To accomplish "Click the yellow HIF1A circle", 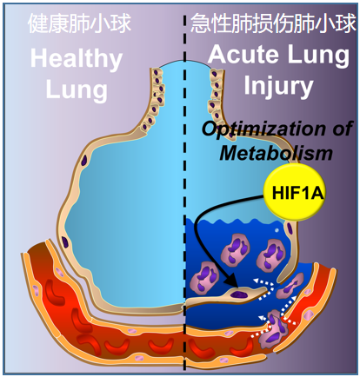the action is click(294, 192).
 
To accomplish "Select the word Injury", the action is click(278, 86).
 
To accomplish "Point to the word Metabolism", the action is click(276, 153).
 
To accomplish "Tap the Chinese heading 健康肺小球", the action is click(79, 23).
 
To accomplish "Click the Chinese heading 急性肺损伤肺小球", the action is click(273, 23).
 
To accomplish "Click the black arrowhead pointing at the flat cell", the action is click(232, 281).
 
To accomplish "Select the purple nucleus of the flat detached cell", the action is click(239, 294).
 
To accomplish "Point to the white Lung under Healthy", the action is click(77, 89).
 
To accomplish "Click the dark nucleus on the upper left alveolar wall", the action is click(84, 161).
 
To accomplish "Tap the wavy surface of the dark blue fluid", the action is click(235, 222).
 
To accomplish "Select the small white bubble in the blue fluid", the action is click(277, 230).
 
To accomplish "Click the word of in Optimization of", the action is click(343, 129).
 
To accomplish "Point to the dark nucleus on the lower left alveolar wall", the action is click(65, 241).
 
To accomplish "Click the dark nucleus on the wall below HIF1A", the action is click(290, 228).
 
